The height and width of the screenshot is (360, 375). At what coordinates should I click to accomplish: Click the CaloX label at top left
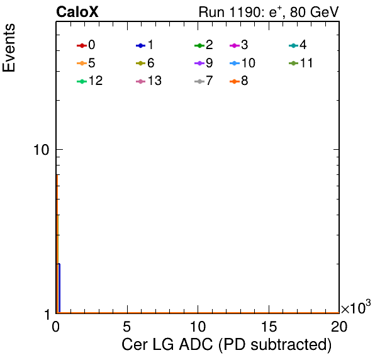[x=77, y=12]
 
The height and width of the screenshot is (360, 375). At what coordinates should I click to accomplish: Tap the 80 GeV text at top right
[x=314, y=12]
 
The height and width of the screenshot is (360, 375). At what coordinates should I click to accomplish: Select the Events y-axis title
[x=9, y=48]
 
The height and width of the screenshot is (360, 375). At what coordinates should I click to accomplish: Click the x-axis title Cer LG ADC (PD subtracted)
[x=227, y=345]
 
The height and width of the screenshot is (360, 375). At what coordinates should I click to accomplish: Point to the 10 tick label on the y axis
[x=42, y=150]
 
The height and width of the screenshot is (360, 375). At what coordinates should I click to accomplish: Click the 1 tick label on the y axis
[x=48, y=315]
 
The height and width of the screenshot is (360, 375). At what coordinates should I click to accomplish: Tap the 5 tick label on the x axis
[x=126, y=327]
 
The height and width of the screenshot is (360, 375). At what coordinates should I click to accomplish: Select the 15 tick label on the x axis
[x=269, y=327]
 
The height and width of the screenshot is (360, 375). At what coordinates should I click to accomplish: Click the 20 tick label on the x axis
[x=339, y=327]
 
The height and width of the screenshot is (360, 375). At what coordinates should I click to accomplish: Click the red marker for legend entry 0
[x=82, y=45]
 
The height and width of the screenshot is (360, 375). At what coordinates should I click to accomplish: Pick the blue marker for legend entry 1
[x=141, y=45]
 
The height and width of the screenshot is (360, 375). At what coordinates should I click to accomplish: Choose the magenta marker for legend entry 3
[x=235, y=45]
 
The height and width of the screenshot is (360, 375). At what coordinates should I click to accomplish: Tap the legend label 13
[x=155, y=81]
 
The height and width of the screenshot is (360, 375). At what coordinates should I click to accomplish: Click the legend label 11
[x=306, y=63]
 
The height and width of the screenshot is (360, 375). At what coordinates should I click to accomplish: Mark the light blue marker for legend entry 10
[x=235, y=64]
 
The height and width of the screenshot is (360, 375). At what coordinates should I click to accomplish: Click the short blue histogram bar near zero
[x=59, y=288]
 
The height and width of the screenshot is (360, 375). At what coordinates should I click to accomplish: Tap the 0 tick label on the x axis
[x=56, y=327]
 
